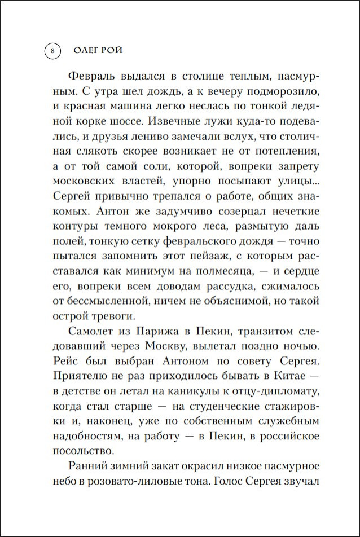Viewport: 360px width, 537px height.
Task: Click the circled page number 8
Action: (x=51, y=51)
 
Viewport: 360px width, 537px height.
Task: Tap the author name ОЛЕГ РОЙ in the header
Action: (x=99, y=51)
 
